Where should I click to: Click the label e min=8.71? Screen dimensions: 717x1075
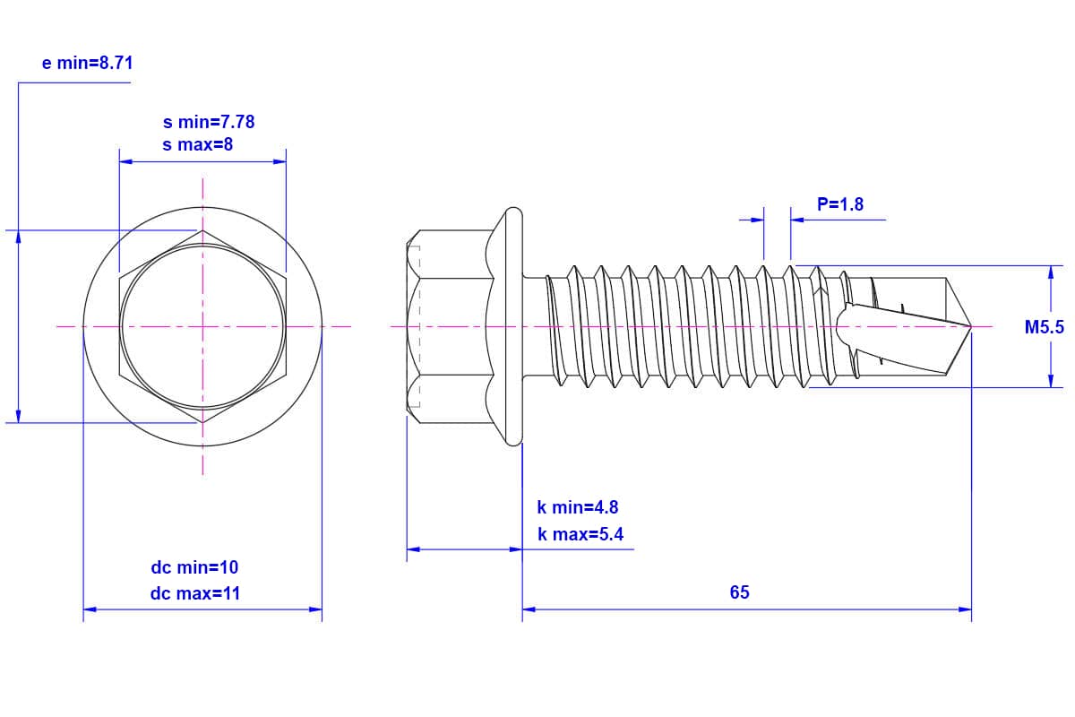click(x=88, y=63)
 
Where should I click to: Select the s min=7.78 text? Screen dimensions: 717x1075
click(x=209, y=122)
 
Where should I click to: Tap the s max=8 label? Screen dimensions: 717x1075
click(x=197, y=144)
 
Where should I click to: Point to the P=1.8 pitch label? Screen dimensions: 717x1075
click(x=840, y=204)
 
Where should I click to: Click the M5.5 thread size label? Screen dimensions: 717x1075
click(x=1045, y=327)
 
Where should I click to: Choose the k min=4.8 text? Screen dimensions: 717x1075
click(x=578, y=507)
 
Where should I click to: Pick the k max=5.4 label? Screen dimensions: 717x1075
click(x=580, y=535)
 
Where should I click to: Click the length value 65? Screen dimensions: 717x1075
click(x=739, y=592)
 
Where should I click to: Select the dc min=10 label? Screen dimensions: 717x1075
click(x=194, y=567)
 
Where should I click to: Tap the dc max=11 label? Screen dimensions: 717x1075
click(x=195, y=593)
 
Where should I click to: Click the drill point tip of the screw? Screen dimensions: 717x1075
click(x=971, y=327)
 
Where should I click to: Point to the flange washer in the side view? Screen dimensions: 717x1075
click(x=512, y=327)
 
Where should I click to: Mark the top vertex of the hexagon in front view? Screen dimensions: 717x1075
click(x=202, y=230)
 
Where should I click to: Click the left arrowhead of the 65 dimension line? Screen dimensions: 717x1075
click(x=529, y=609)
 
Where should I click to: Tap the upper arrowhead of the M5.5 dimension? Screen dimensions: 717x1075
click(x=1051, y=272)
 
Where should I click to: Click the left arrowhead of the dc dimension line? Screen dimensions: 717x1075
click(x=89, y=609)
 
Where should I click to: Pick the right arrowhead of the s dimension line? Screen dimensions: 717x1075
click(x=280, y=162)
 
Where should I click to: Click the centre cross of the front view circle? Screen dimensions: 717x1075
click(x=202, y=326)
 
